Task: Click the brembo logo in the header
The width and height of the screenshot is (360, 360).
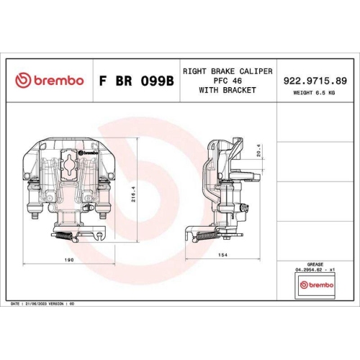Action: (50, 80)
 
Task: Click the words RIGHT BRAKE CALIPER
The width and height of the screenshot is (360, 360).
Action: (227, 72)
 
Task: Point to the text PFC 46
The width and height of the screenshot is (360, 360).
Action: (227, 81)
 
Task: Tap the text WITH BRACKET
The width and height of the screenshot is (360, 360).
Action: (227, 90)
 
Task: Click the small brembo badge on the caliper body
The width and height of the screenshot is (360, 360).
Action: (87, 153)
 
